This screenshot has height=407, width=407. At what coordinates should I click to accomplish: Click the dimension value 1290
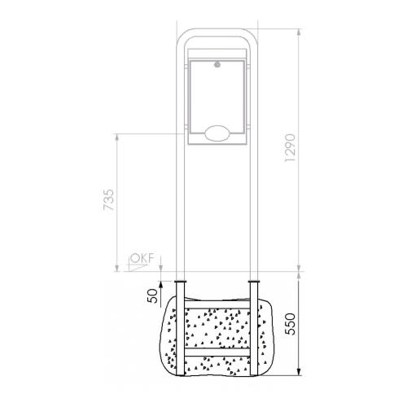point(290,148)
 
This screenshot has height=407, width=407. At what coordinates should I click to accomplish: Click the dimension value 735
point(109,200)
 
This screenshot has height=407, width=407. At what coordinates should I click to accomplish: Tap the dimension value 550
point(291,324)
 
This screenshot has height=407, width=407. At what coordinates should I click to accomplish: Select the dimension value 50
point(152,295)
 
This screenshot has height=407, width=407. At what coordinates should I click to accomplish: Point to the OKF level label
point(142,258)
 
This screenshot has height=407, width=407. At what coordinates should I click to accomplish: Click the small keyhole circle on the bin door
point(217,64)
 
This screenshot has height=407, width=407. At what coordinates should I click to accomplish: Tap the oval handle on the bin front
point(217,133)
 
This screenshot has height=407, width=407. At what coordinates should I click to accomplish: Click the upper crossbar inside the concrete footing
point(217,304)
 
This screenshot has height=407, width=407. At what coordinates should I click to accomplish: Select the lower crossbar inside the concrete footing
point(217,352)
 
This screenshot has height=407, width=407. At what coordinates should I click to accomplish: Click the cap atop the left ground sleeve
point(180,282)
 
